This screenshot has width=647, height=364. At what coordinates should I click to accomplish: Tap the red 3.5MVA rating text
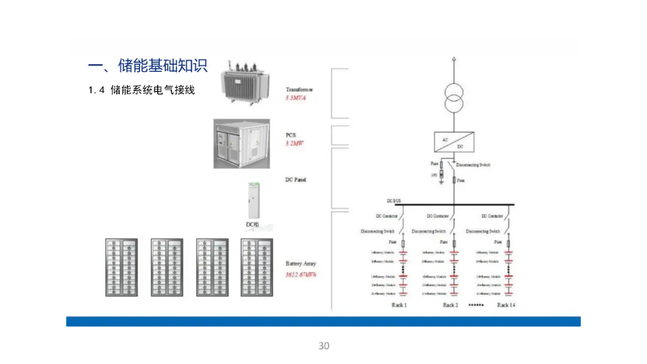pyautogui.click(x=295, y=97)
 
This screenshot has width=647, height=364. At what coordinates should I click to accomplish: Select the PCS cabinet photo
pyautogui.click(x=243, y=143)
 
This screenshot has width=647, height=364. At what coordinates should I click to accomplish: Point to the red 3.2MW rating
pyautogui.click(x=294, y=143)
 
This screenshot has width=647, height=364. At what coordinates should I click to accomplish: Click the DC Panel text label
pyautogui.click(x=296, y=180)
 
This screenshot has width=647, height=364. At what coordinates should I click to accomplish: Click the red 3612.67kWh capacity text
pyautogui.click(x=301, y=274)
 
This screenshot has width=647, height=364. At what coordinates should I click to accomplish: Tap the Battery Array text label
pyautogui.click(x=301, y=263)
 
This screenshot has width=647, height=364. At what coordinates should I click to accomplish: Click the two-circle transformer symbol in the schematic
pyautogui.click(x=453, y=98)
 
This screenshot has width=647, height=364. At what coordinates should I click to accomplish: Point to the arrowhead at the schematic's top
pyautogui.click(x=453, y=59)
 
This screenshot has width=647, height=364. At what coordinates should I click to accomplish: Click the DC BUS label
pyautogui.click(x=394, y=202)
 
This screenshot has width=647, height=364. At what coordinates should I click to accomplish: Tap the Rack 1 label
pyautogui.click(x=399, y=305)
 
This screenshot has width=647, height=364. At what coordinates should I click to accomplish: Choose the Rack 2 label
pyautogui.click(x=450, y=305)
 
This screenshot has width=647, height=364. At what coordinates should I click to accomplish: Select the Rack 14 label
pyautogui.click(x=506, y=305)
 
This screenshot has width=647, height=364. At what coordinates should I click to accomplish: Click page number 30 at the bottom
pyautogui.click(x=323, y=346)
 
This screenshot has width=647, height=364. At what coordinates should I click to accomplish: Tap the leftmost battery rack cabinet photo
pyautogui.click(x=122, y=267)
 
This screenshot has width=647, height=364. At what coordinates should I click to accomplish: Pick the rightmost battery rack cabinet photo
pyautogui.click(x=256, y=267)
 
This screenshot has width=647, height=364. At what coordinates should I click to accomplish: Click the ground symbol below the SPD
pyautogui.click(x=442, y=181)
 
